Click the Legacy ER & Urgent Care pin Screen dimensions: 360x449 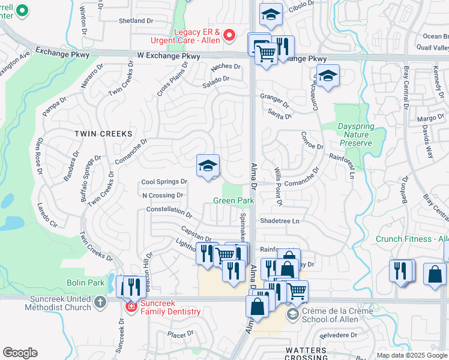tap(229, 35)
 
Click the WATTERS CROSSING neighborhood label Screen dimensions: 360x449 tap(306, 353)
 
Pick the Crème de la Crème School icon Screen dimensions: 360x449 tap(292, 314)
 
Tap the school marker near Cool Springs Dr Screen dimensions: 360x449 tap(208, 166)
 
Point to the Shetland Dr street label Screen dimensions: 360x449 tap(136, 21)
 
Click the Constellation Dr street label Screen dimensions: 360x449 tap(169, 212)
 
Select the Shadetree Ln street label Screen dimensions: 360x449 tap(279, 221)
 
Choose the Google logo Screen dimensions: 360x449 tap(20, 353)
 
